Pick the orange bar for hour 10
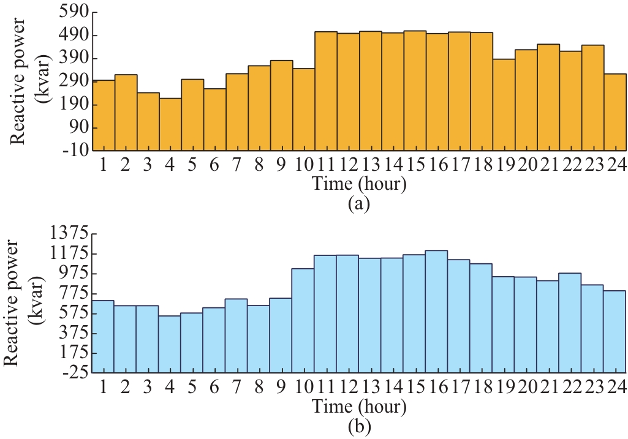coord(303,110)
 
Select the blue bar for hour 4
coord(169,344)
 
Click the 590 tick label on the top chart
coord(75,12)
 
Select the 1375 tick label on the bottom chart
coord(71,233)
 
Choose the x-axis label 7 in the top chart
coord(236,166)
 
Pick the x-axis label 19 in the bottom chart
coord(503,388)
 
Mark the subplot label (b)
coord(358,426)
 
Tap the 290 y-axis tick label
coord(75,81)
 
